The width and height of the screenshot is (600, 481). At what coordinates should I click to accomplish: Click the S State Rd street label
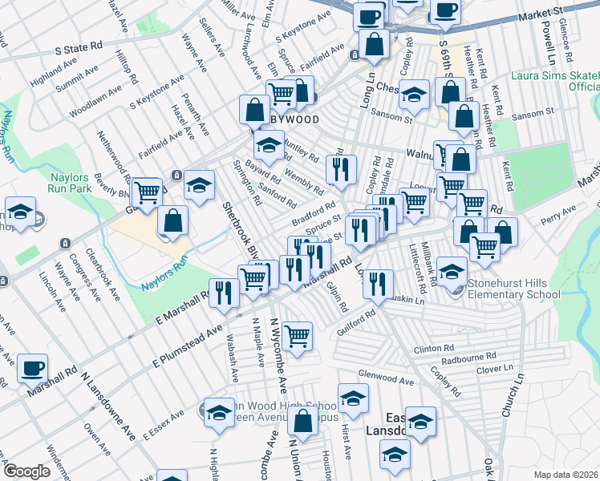tap(80, 48)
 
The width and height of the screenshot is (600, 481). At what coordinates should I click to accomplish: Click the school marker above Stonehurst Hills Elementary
tap(453, 271)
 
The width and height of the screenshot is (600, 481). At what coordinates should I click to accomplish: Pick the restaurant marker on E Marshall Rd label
tap(224, 293)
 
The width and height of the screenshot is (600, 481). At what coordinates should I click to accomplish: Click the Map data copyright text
tap(566, 474)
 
